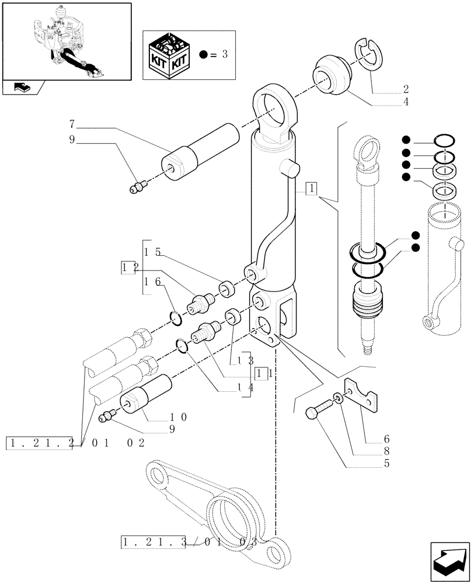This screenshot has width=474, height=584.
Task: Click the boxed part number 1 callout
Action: pyautogui.click(x=313, y=188)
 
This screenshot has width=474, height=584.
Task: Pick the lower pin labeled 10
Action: pyautogui.click(x=145, y=394)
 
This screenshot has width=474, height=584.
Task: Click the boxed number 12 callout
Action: pyautogui.click(x=129, y=267)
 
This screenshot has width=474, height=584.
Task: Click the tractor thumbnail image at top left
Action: pyautogui.click(x=66, y=41)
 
